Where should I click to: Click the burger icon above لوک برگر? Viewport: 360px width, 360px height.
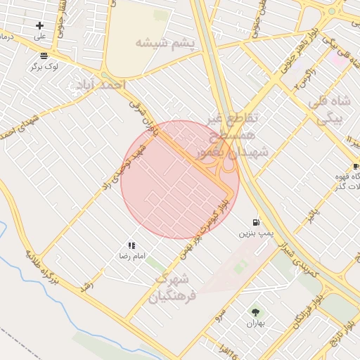point(44,56)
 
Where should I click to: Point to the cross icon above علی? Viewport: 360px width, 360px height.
point(39,26)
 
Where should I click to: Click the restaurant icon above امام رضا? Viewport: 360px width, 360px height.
point(131,246)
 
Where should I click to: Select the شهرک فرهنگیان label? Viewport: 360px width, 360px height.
point(174,285)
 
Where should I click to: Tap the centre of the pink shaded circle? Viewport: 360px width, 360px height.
point(180,180)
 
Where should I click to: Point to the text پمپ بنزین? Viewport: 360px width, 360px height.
point(255,231)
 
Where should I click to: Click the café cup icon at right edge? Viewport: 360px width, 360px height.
point(355,166)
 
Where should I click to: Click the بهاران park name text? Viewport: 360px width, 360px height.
point(254,323)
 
